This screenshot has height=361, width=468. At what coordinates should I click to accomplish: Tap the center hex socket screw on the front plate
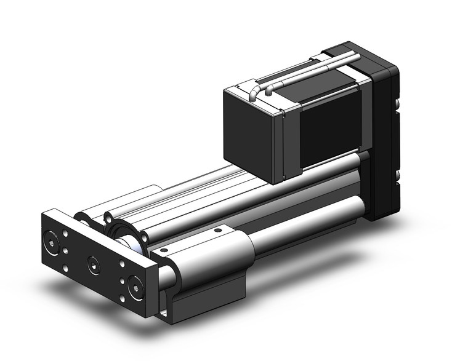point(92,264)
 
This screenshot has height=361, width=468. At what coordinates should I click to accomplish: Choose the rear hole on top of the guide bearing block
point(216,231)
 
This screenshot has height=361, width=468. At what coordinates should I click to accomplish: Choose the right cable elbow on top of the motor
point(270,91)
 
